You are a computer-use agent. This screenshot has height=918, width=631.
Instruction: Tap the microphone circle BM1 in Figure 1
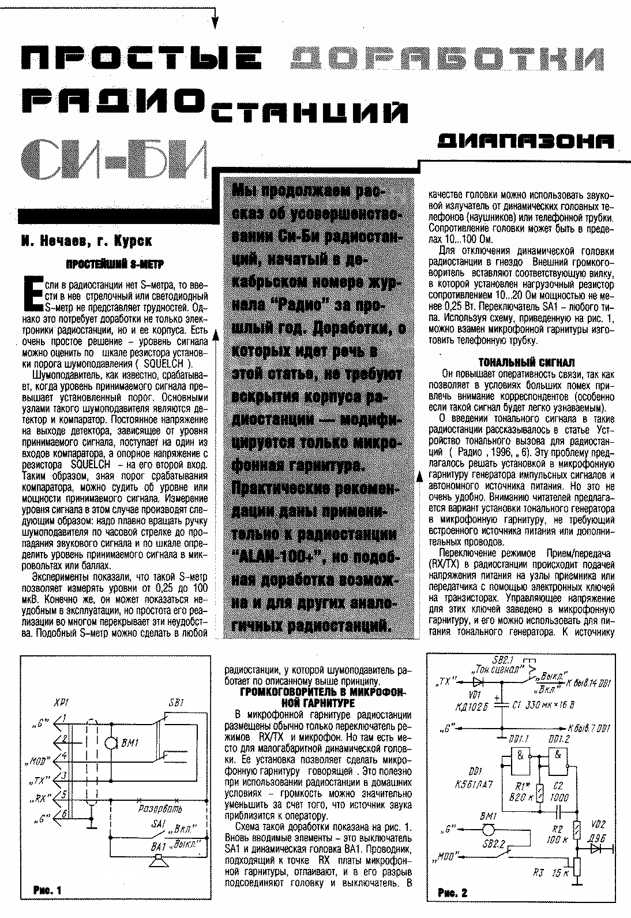pyautogui.click(x=110, y=744)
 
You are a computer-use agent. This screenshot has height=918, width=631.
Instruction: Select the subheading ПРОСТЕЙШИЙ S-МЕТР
pyautogui.click(x=115, y=264)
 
